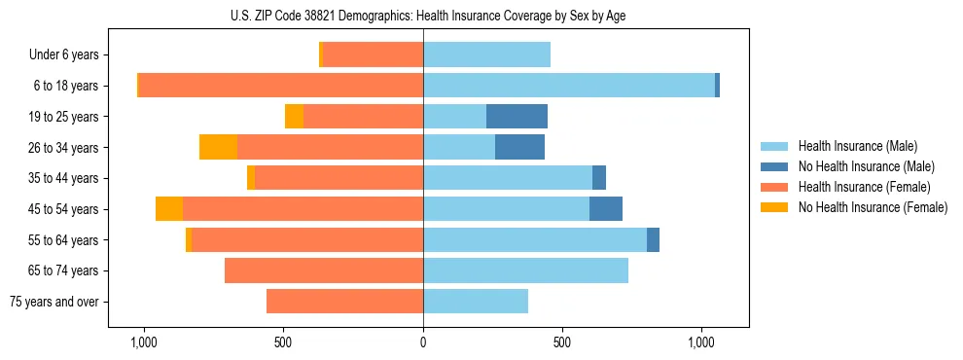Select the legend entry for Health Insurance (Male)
[857, 146]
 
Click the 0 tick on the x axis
[423, 343]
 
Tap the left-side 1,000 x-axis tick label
[143, 343]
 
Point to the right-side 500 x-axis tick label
[562, 343]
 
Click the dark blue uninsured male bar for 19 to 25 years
[517, 117]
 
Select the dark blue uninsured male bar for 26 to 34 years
[519, 147]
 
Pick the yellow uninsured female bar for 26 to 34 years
[219, 147]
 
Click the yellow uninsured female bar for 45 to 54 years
[169, 209]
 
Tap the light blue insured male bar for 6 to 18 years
[569, 86]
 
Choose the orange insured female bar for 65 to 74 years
[324, 270]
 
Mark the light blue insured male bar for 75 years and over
[476, 302]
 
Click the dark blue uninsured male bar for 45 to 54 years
[606, 209]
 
